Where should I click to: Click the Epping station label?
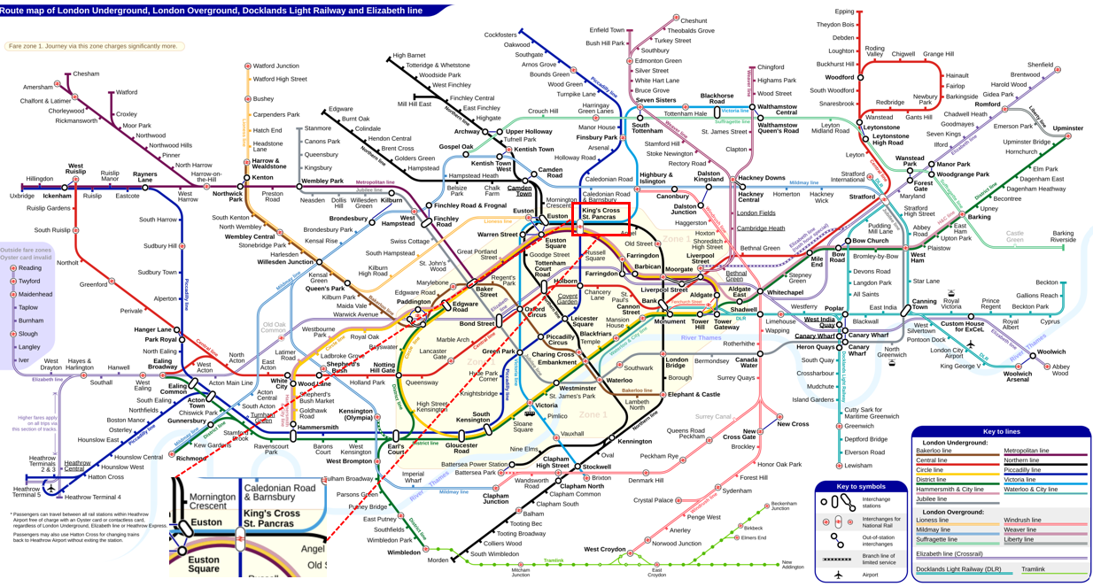pos(844,12)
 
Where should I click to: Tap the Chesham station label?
pos(86,74)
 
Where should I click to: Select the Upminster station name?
pos(1067,128)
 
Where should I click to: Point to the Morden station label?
pos(438,560)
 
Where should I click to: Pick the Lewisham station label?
pos(858,466)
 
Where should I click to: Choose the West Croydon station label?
pos(604,550)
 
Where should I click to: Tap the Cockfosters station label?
pos(500,35)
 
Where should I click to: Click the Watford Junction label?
pos(275,66)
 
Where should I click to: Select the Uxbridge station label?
pos(22,196)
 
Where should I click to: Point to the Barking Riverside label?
pos(1063,236)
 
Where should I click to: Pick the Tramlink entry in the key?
pos(1033,569)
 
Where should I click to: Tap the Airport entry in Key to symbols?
pos(875,575)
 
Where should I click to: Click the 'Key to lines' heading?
pos(1001,431)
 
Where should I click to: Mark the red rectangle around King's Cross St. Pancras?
pos(601,219)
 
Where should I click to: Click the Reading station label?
pos(29,267)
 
